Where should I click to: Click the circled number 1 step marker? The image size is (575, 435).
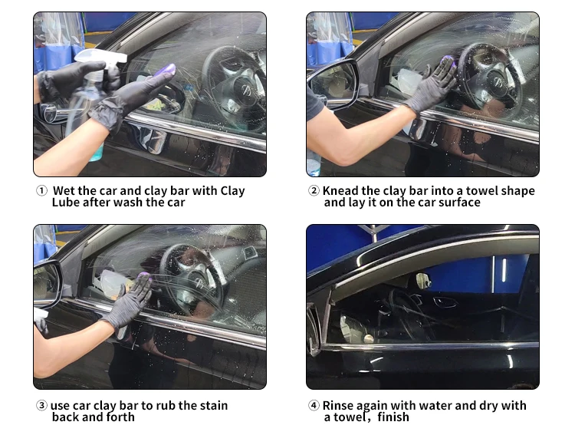pos(41,191)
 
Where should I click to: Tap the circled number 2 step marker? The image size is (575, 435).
pos(314,191)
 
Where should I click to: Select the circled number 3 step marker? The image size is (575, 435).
pos(41,405)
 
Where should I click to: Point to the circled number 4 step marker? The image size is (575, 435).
pos(314,405)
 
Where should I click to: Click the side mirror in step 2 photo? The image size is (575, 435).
pos(333,84)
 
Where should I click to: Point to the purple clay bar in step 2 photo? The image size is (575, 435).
pos(449,61)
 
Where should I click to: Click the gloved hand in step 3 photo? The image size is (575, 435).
pos(130,302)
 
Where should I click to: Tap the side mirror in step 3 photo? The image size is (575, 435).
pos(48,284)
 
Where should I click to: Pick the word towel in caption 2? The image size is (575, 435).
pos(480,191)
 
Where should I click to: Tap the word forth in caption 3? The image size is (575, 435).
pos(120,417)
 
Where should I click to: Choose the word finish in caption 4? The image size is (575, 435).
pos(393,417)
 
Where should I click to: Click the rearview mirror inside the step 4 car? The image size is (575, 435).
pos(422,280)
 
